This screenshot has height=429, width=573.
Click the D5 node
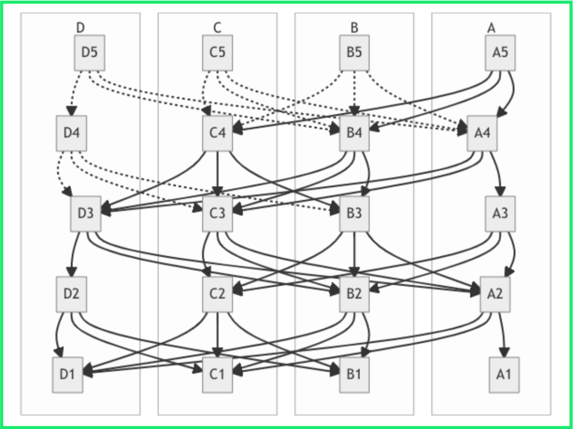(90, 52)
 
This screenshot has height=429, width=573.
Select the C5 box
(218, 52)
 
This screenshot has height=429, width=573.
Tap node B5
(354, 52)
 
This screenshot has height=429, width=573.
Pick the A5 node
(500, 52)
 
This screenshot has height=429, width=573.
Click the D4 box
(71, 133)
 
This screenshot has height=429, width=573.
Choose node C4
(218, 133)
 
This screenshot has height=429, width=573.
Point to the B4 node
(354, 133)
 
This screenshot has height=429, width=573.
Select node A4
(482, 133)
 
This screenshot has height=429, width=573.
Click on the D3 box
(86, 214)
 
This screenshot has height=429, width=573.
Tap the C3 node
(218, 214)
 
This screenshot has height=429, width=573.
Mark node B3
(354, 214)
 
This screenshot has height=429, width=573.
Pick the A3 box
(500, 214)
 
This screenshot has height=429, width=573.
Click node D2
(71, 294)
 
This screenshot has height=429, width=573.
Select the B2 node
(354, 294)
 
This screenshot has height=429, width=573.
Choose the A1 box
(504, 375)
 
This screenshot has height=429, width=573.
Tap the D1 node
(67, 375)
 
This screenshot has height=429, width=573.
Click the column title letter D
(81, 28)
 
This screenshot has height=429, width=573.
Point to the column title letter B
(354, 28)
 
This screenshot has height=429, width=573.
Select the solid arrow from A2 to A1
(502, 335)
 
